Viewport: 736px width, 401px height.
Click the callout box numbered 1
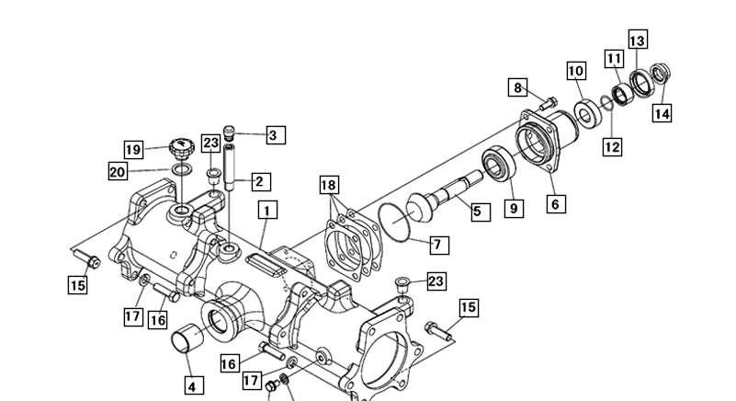pos(267,210)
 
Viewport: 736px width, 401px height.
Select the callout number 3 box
pos(276,135)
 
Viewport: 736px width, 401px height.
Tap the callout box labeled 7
pos(439,245)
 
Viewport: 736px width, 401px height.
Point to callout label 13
pos(638,40)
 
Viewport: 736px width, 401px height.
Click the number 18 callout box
pos(329,185)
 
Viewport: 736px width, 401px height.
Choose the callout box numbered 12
pos(613,146)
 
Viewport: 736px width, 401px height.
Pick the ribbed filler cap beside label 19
pos(181,149)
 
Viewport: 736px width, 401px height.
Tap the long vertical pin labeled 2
pos(229,167)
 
